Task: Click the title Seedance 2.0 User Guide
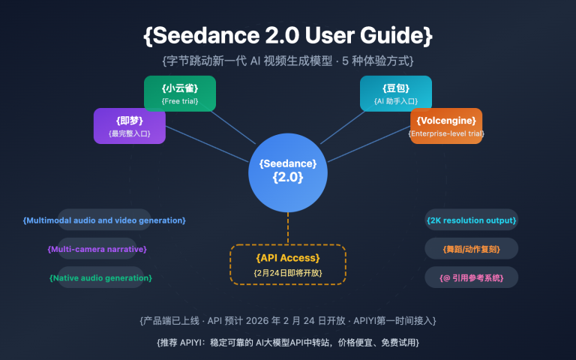tap(287, 34)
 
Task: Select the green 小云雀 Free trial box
tap(180, 94)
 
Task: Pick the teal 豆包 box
tap(395, 94)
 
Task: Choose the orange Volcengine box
tap(445, 125)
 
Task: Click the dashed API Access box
tap(287, 264)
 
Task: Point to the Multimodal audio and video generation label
tap(104, 220)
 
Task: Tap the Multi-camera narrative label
tap(97, 248)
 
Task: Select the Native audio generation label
tap(100, 277)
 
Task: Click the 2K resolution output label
tap(471, 220)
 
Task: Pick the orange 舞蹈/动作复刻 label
tap(471, 248)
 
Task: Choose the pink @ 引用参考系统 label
tap(471, 277)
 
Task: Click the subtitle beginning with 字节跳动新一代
tap(287, 60)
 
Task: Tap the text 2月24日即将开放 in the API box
tap(287, 272)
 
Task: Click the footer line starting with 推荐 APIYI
tap(287, 342)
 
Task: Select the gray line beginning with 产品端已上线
tap(287, 320)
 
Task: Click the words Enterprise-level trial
tap(445, 133)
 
